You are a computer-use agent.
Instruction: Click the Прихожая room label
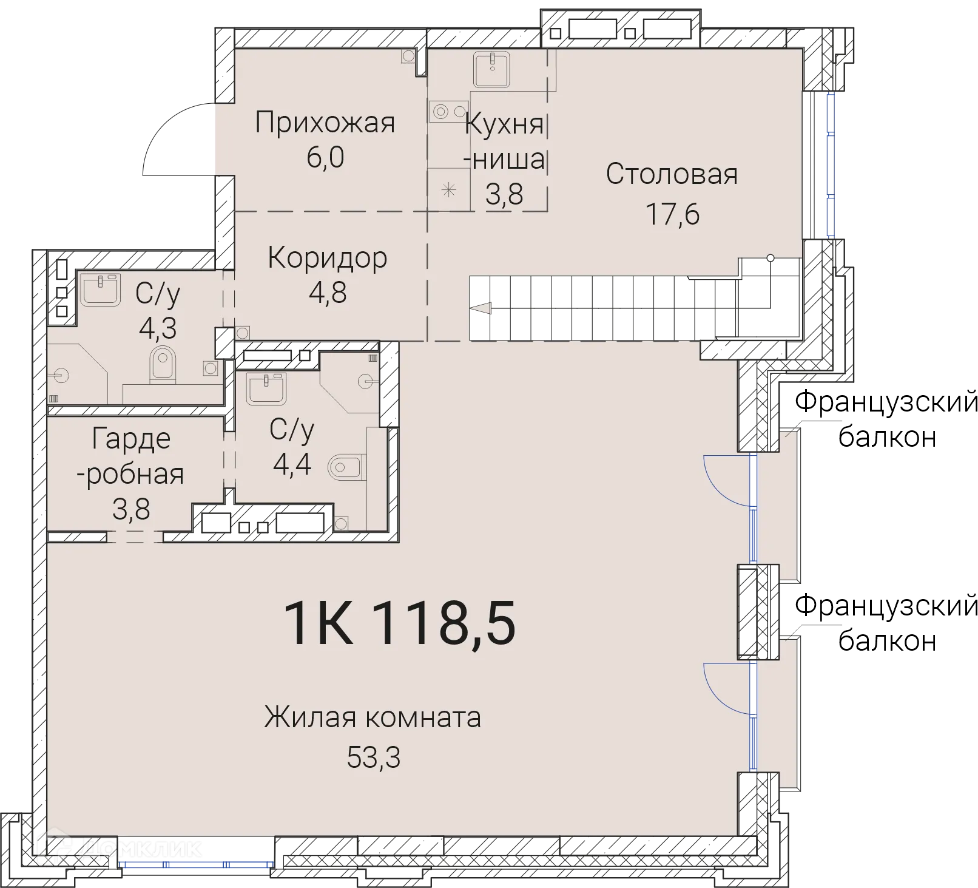(325, 123)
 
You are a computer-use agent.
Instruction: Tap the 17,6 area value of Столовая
(672, 214)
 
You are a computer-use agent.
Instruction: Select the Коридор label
(327, 258)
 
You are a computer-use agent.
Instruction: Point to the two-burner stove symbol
(448, 112)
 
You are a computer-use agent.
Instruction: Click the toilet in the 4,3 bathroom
(162, 365)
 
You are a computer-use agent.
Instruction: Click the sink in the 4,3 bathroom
(100, 289)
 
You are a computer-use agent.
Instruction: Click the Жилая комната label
(373, 717)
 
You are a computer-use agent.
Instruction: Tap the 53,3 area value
(374, 758)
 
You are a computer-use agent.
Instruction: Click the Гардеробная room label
(130, 456)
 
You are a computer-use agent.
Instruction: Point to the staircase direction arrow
(482, 308)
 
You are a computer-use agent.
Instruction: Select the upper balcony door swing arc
(727, 480)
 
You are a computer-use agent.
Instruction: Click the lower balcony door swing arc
(727, 688)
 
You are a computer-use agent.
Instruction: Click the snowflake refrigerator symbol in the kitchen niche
(448, 191)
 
